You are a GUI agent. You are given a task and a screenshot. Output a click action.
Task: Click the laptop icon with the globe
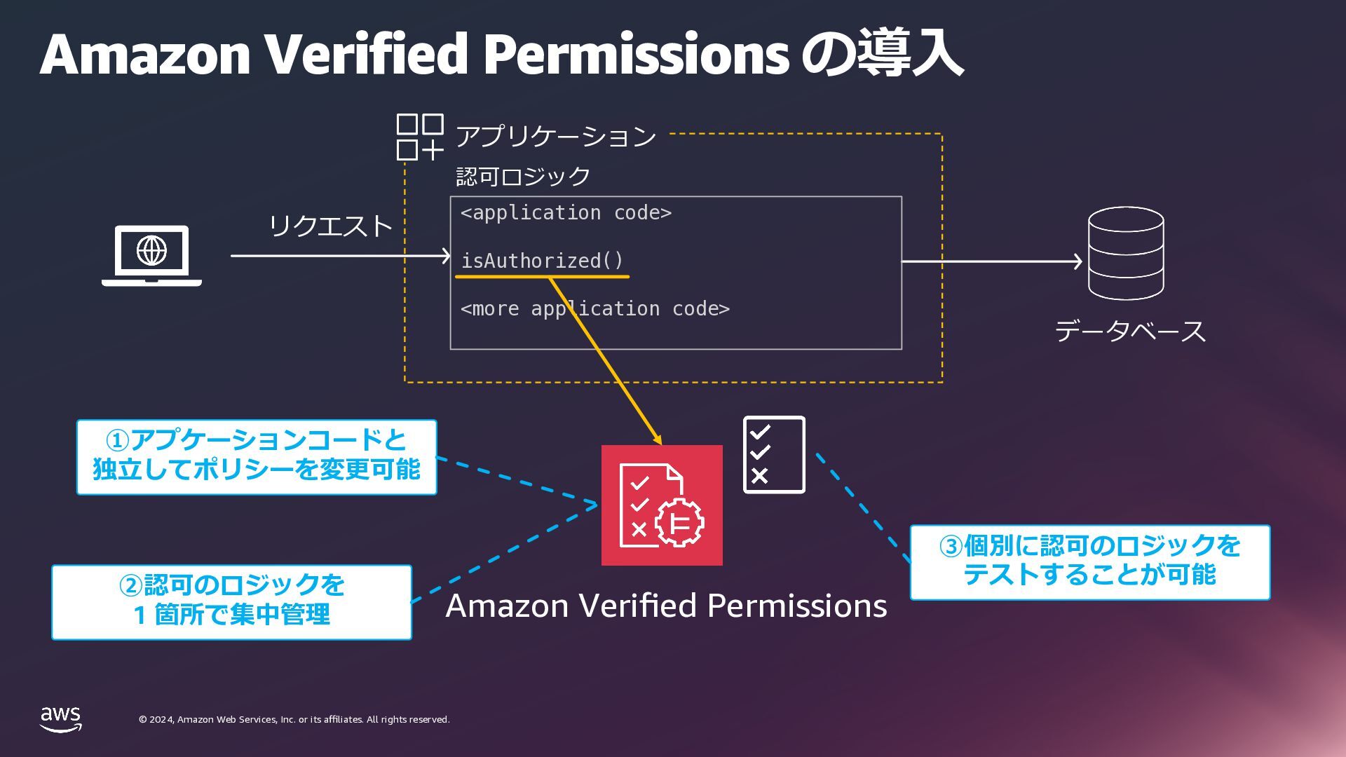pos(151,254)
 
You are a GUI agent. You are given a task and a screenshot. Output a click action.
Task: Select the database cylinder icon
pos(1125,253)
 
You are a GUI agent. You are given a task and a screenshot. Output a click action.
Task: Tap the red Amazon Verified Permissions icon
pos(662,505)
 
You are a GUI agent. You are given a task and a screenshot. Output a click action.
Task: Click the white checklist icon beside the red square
pos(774,454)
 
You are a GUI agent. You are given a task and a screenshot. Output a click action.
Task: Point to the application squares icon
pos(419,137)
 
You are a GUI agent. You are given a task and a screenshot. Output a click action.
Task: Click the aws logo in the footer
pos(60,719)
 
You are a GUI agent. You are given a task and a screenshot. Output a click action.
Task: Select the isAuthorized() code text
pos(542,261)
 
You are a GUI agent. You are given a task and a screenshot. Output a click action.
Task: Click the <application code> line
pos(566,213)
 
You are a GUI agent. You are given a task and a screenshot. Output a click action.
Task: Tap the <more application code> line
pos(594,309)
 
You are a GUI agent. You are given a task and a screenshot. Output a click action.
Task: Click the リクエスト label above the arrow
pos(330,226)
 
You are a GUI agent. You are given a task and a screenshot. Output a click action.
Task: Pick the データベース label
pos(1129,331)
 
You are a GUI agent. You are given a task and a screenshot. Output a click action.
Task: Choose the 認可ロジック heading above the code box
pos(523,176)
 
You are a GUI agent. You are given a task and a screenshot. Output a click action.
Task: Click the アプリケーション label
pos(555,136)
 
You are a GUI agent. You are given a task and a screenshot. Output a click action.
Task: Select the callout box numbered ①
pos(257,457)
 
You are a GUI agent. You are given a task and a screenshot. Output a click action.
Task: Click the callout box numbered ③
pos(1089,562)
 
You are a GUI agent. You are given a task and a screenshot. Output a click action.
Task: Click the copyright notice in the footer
pos(294,720)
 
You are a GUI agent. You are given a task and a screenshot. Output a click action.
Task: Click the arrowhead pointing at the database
pos(1077,261)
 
